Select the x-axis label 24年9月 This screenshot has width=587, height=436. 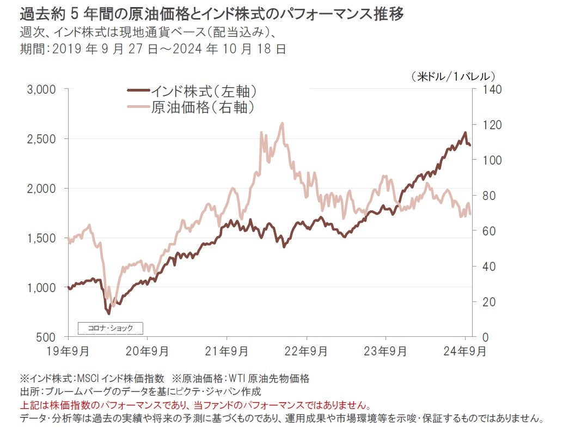466,352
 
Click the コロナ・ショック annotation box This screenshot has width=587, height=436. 110,328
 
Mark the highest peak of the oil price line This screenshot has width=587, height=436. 282,123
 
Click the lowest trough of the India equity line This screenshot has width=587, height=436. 108,313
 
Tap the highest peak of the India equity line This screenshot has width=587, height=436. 464,132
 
